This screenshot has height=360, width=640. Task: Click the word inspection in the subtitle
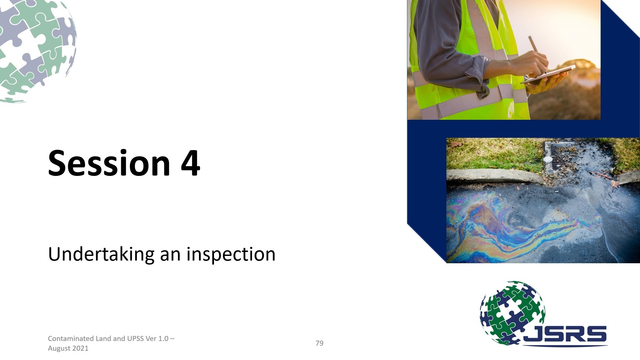coord(231,255)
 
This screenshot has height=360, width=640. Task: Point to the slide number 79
coord(319,343)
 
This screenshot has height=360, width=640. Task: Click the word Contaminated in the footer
coord(71,338)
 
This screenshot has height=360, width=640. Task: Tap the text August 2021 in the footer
coord(68,348)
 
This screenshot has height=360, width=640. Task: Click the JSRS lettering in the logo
coord(565,334)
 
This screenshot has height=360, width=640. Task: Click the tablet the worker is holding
coord(548,75)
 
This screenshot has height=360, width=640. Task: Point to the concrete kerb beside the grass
coord(494,176)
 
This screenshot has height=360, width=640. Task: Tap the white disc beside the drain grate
coord(548,159)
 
